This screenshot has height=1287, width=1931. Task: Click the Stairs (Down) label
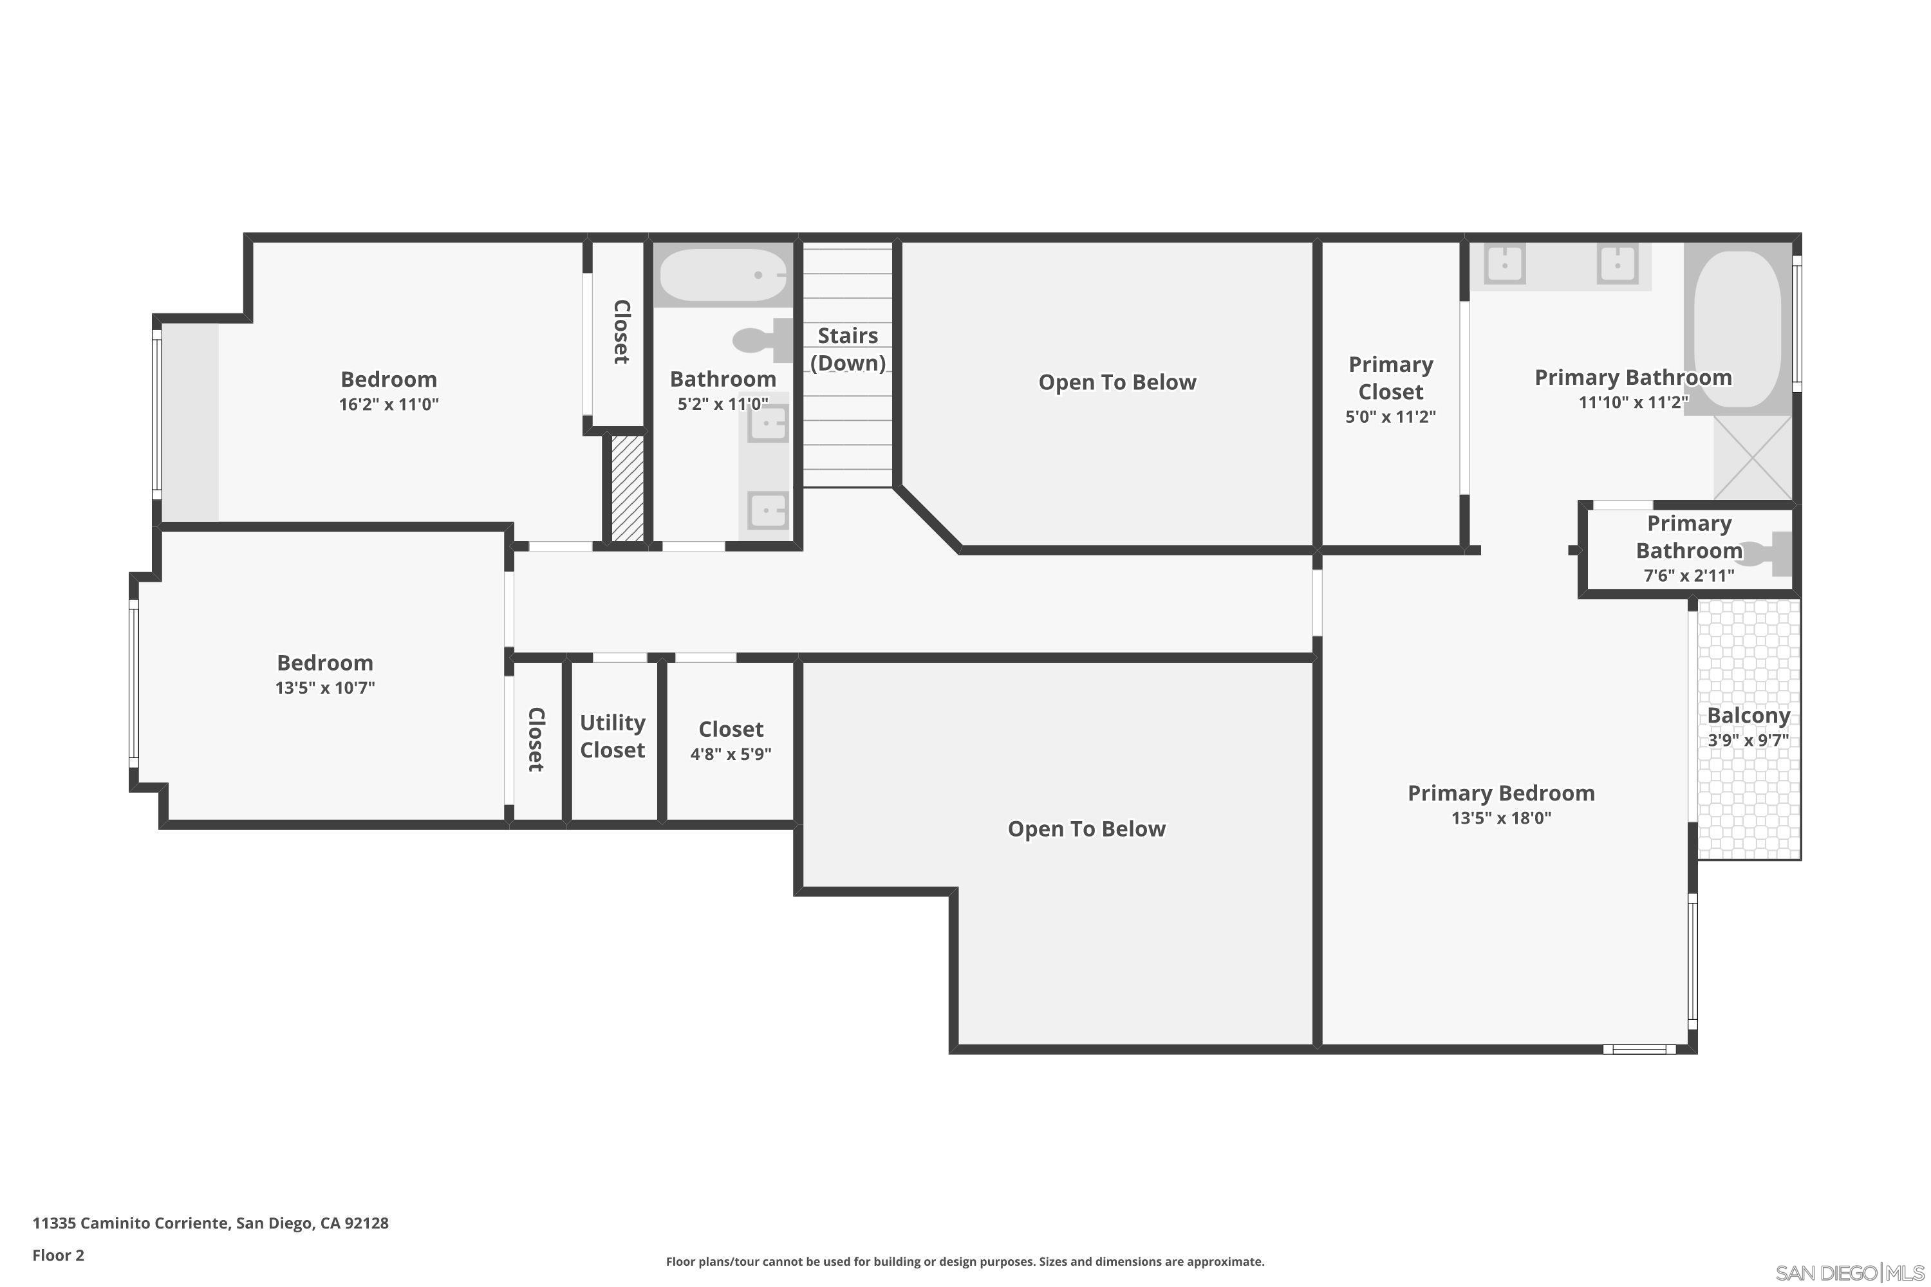[x=847, y=349]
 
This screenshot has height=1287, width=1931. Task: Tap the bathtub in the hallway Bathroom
[x=722, y=275]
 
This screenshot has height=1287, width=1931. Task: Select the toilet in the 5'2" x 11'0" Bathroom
[x=760, y=340]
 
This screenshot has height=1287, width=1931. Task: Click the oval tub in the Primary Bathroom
[x=1737, y=328]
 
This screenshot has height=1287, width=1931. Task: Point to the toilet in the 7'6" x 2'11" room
[x=1765, y=554]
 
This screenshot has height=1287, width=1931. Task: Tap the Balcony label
[x=1748, y=716]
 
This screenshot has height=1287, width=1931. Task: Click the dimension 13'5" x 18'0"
[x=1501, y=817]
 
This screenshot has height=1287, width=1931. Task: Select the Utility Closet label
[x=613, y=736]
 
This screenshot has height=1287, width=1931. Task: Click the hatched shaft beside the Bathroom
[x=628, y=488]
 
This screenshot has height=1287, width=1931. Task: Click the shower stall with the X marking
[x=1752, y=457]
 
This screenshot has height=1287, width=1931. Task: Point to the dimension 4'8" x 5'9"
[x=730, y=754]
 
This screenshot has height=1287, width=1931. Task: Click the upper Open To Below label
[x=1117, y=382]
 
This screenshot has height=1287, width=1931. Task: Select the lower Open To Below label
[x=1087, y=829]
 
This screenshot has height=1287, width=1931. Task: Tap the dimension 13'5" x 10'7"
[x=324, y=688]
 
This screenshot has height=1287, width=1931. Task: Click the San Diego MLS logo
[x=1851, y=1272]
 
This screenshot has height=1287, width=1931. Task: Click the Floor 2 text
[x=59, y=1255]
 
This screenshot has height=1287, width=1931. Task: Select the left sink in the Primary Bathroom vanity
[x=1505, y=265]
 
